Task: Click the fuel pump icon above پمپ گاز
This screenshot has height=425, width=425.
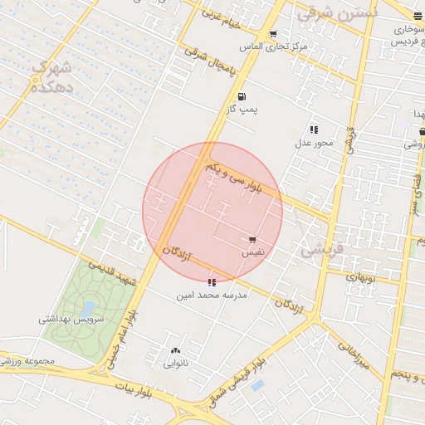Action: click(x=242, y=96)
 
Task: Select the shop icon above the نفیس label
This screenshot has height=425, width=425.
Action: click(x=253, y=240)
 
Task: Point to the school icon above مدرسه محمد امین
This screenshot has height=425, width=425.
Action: click(x=212, y=282)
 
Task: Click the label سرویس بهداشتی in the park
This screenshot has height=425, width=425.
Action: click(x=71, y=319)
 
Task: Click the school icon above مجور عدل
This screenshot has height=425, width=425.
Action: click(x=314, y=129)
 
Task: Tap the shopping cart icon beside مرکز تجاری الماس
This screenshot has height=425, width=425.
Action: click(x=273, y=34)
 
